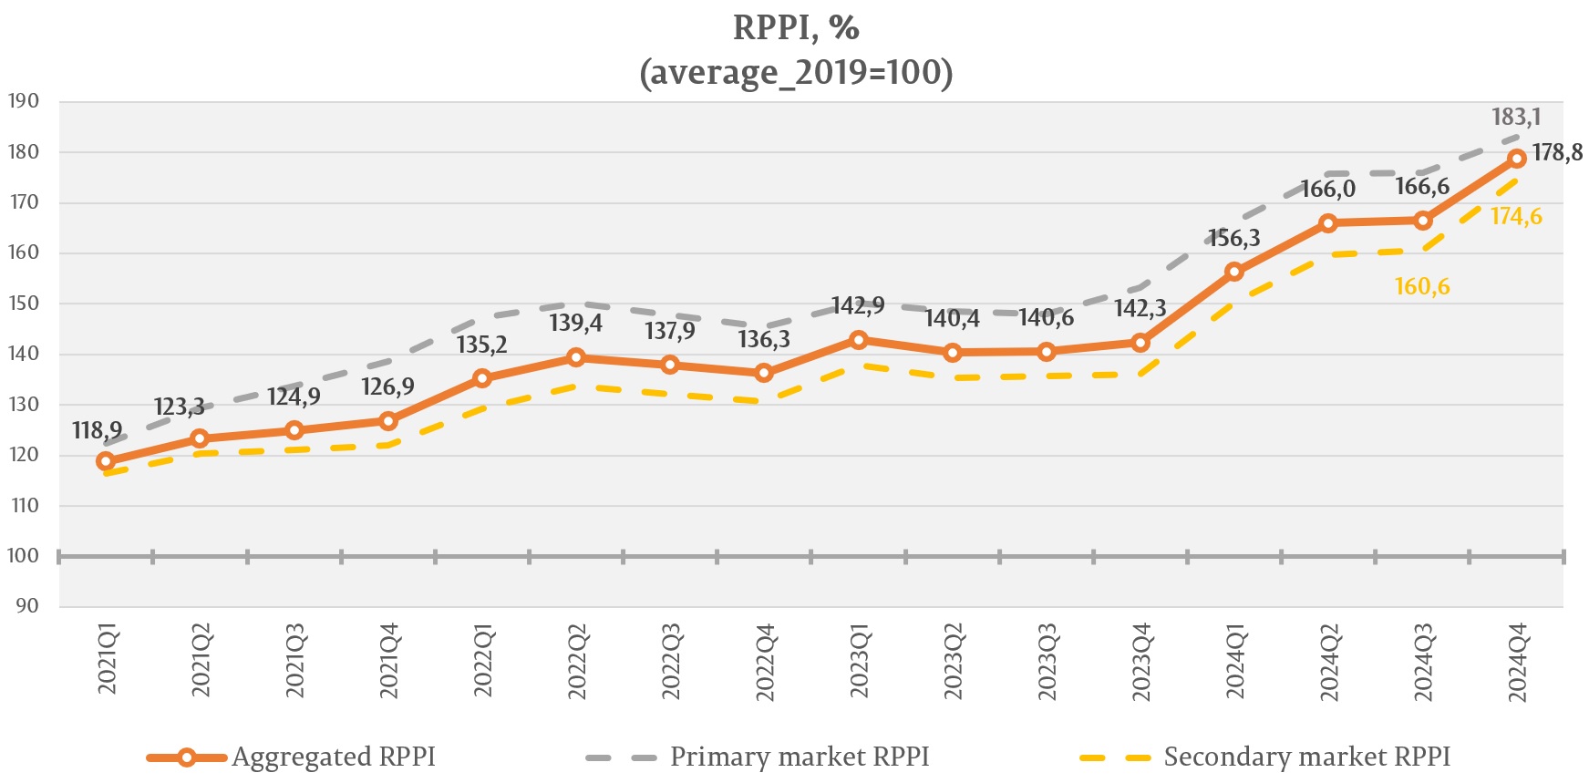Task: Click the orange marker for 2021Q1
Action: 106,461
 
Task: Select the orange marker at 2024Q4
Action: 1517,159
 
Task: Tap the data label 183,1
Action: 1516,118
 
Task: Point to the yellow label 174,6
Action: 1516,217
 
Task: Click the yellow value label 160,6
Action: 1422,287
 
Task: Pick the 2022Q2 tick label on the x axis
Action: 577,662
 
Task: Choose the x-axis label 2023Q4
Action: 1141,663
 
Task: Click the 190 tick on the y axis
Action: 24,101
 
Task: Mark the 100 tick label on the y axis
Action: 24,556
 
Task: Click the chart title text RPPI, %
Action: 796,28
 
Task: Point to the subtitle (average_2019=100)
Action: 796,72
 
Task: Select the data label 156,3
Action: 1234,239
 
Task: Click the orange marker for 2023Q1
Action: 859,340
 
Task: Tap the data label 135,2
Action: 481,345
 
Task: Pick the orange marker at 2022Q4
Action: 764,373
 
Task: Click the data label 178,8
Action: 1557,153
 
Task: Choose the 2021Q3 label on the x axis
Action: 294,662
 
